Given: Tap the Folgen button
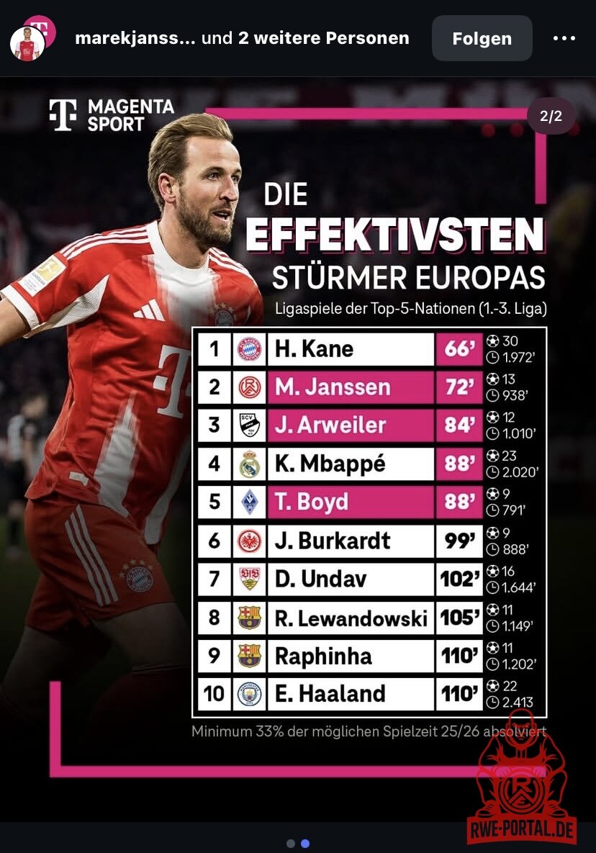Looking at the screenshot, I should (x=482, y=38).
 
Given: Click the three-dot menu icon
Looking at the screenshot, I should (x=564, y=38).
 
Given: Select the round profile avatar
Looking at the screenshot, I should (x=28, y=44).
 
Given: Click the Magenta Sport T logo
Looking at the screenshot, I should (x=63, y=114).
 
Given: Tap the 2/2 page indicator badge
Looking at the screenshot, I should (x=551, y=117).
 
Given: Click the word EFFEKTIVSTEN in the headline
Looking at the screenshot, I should (x=394, y=235).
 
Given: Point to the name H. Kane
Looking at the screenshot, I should (x=314, y=349).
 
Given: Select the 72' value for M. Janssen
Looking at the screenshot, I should (x=459, y=387).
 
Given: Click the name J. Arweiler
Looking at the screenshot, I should (x=330, y=425).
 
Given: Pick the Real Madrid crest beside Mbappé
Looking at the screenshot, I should (x=249, y=464).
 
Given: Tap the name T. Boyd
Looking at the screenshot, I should (x=311, y=502).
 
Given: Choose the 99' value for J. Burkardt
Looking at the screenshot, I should (x=459, y=540).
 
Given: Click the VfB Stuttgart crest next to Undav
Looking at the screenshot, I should (x=249, y=579).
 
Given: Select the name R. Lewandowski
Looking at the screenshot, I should (x=351, y=618).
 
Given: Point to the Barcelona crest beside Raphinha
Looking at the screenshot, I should (x=249, y=656).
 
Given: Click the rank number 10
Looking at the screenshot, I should (x=214, y=694).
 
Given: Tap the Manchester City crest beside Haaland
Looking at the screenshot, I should (x=249, y=694).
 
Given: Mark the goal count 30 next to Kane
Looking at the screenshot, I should (x=510, y=341).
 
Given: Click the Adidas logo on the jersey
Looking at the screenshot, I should (x=149, y=310).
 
